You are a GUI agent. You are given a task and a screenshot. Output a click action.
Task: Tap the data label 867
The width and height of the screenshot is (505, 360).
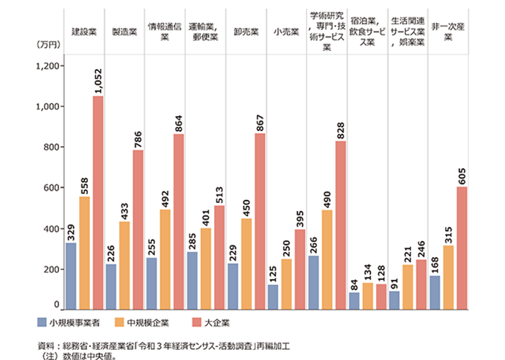coord(260,121)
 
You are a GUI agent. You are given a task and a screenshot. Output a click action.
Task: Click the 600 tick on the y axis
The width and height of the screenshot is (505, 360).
coord(53,188)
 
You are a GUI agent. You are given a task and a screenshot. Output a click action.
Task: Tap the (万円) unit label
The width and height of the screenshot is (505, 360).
coord(45,45)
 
